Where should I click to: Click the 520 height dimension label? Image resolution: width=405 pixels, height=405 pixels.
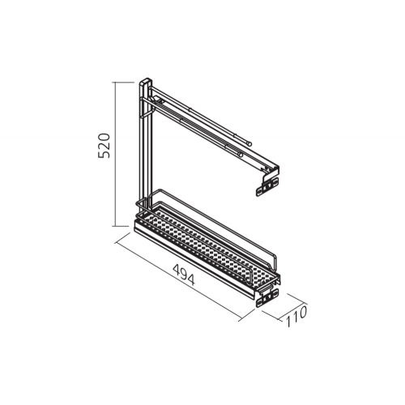click(x=104, y=145)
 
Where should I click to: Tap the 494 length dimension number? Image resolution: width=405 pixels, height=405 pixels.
click(x=184, y=275)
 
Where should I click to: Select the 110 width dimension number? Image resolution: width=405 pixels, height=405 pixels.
click(x=296, y=317)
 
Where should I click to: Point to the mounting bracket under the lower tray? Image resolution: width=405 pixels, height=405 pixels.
click(x=267, y=297)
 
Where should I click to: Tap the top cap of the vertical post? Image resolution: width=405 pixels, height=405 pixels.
click(x=146, y=81)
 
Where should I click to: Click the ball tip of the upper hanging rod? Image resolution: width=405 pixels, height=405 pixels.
click(x=249, y=143)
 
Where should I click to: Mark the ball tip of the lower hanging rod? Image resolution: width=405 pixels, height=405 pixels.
click(x=240, y=155)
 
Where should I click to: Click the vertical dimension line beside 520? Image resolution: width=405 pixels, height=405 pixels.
click(x=116, y=154)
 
